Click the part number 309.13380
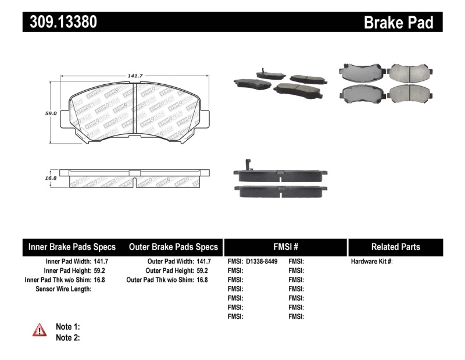click(60, 22)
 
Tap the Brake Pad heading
click(398, 23)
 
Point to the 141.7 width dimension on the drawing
click(135, 75)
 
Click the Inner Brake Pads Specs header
click(72, 247)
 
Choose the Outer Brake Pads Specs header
click(173, 247)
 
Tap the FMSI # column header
click(285, 247)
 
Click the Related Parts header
click(395, 247)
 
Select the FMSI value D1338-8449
click(262, 262)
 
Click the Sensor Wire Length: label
click(63, 289)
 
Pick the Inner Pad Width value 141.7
click(102, 262)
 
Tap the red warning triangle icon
click(40, 330)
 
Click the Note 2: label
click(67, 338)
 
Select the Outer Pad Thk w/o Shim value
click(202, 280)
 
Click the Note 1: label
click(67, 327)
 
